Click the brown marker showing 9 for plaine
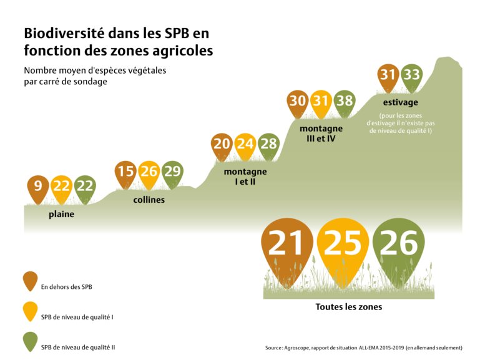coord(38,187)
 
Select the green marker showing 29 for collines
coord(172,171)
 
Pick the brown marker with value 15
coord(125,171)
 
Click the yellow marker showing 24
coord(245,144)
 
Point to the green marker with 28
coord(268,144)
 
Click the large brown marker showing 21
coord(287,245)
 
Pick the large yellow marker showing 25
coord(343,245)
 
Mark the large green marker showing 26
coord(398,245)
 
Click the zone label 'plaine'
coord(61,214)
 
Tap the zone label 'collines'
coord(149,200)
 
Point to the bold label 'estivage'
coord(400,102)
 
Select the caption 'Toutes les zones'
coord(348,306)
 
